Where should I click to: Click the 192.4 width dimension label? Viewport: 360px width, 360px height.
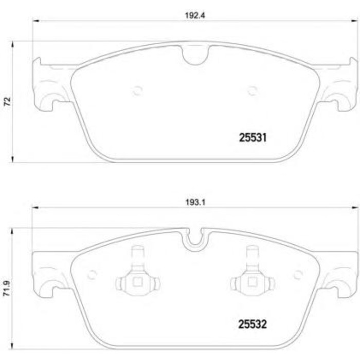(195, 15)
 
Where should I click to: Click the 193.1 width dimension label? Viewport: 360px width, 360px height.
(195, 202)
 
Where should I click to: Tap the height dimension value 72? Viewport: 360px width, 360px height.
(8, 101)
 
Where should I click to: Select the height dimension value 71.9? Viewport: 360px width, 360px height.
(7, 288)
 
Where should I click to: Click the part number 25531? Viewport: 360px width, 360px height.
(253, 137)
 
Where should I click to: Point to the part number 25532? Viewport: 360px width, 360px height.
(253, 324)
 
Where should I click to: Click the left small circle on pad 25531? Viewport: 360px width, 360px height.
(137, 91)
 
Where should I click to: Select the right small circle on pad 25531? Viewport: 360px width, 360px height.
(252, 91)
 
